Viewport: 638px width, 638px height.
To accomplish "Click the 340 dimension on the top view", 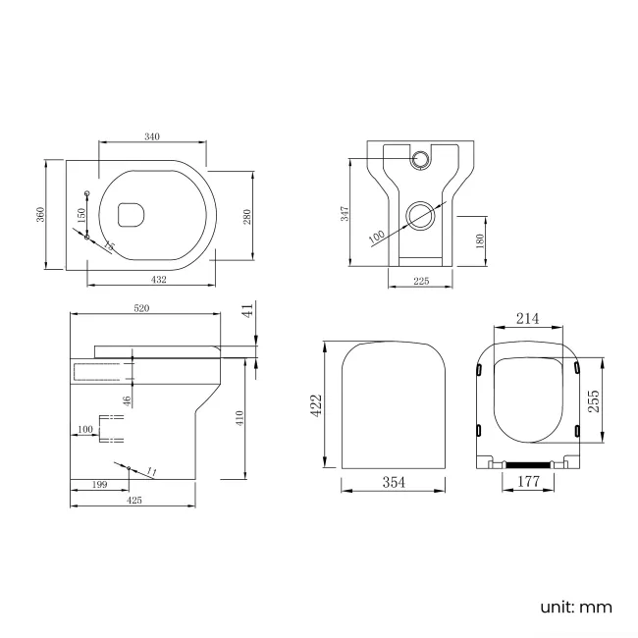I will [152, 136].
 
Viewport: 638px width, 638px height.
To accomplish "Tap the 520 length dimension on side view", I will [141, 308].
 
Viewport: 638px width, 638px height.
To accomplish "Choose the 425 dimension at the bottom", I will [134, 501].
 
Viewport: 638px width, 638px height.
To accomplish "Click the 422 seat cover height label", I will [317, 406].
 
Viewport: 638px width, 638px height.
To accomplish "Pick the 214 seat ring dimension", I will [527, 318].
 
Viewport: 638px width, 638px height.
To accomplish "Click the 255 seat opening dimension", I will [596, 400].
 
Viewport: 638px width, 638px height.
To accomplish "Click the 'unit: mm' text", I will [575, 608].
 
